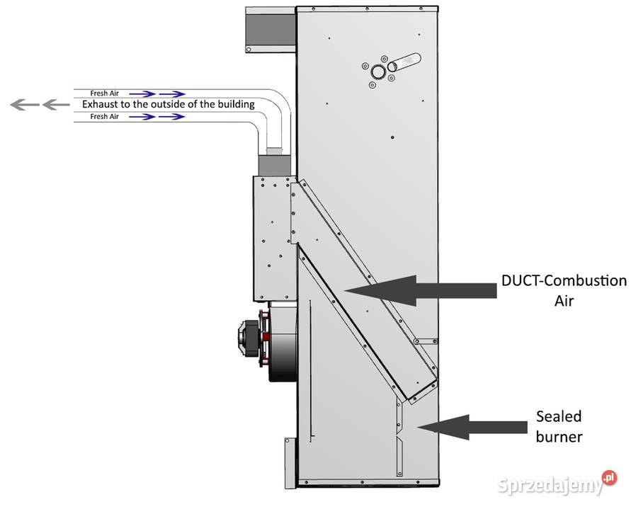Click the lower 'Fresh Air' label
[104, 117]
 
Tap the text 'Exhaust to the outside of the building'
[168, 105]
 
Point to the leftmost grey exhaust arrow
[20, 105]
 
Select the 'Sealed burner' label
[559, 425]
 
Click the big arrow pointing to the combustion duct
[418, 288]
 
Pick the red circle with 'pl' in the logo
[608, 479]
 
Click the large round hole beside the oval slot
[380, 72]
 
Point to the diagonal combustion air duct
[361, 283]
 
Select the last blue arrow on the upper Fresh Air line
[172, 93]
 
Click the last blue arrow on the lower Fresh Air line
[172, 117]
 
